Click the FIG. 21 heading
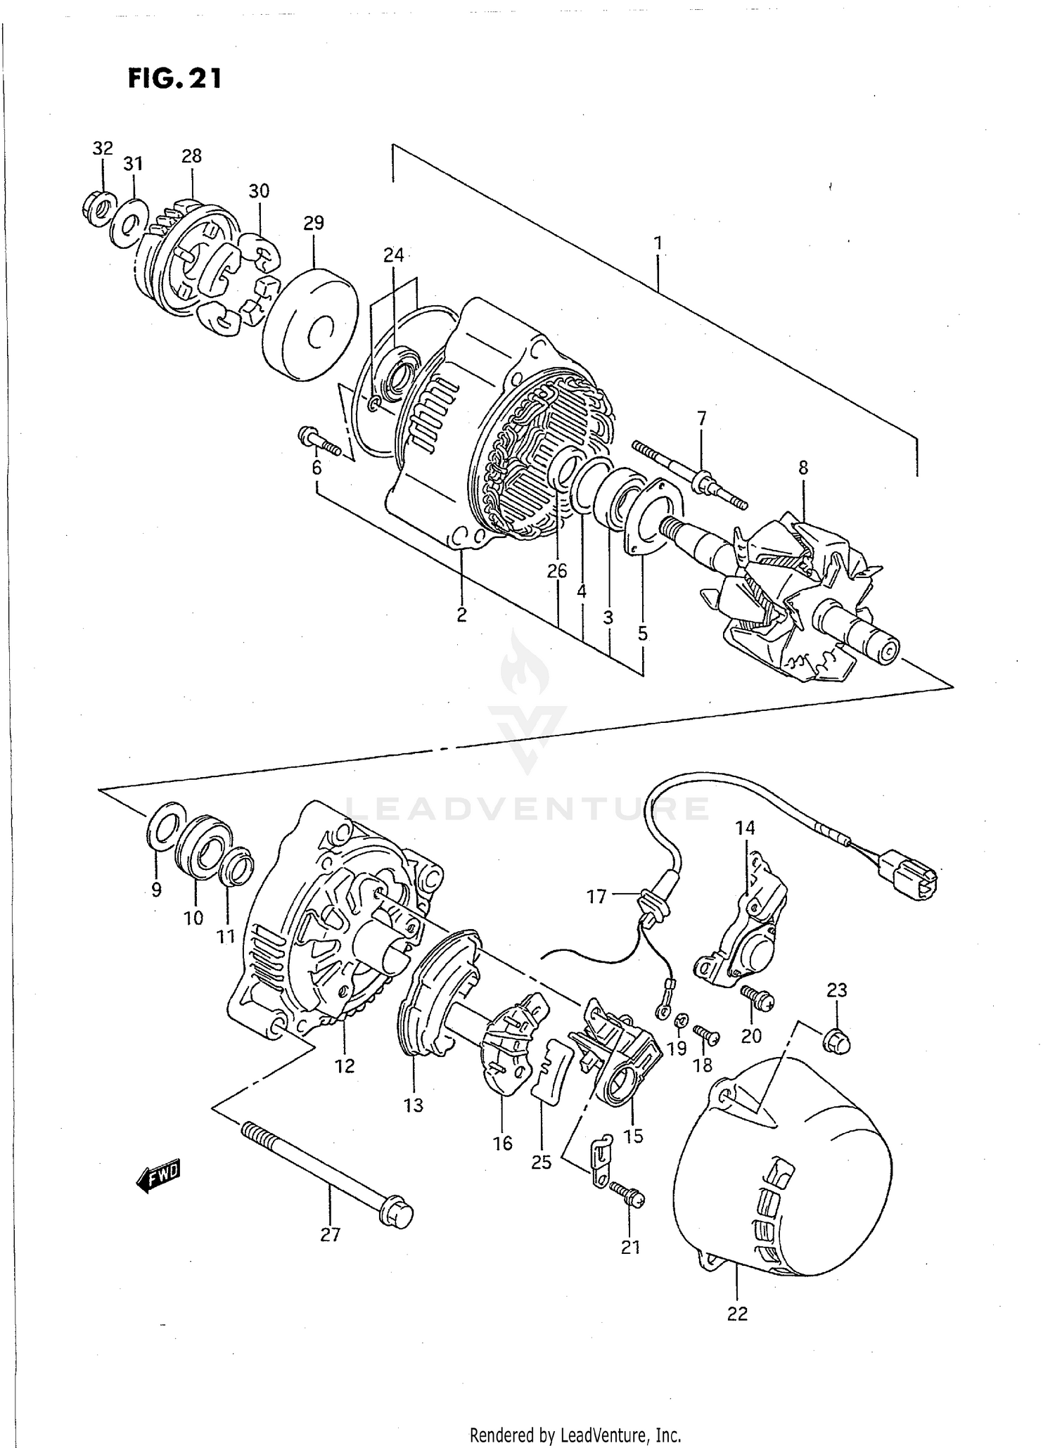coord(174,78)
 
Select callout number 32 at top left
coord(103,148)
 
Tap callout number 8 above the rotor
coord(803,468)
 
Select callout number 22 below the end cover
coord(737,1313)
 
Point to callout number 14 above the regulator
coord(746,828)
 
